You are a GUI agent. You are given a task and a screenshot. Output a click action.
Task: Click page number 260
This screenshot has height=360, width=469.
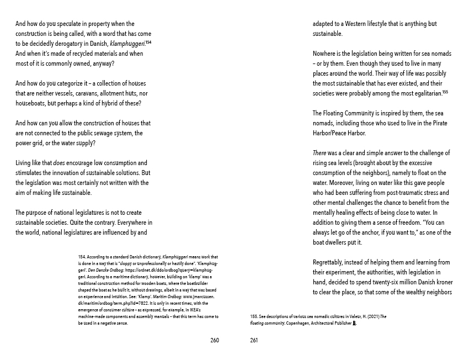[x=215, y=340]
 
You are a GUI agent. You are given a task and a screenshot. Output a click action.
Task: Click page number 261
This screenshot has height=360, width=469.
[x=254, y=340]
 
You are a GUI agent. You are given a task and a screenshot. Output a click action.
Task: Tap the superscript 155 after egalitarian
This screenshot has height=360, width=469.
[x=445, y=92]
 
